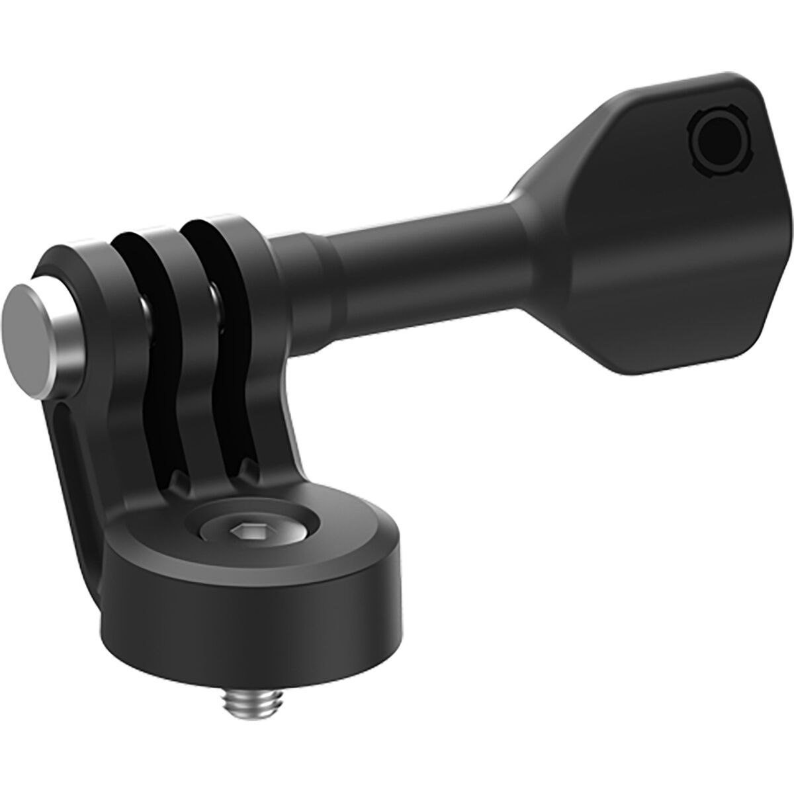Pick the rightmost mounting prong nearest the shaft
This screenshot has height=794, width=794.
point(225,291)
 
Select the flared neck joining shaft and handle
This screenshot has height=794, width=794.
point(529,218)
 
